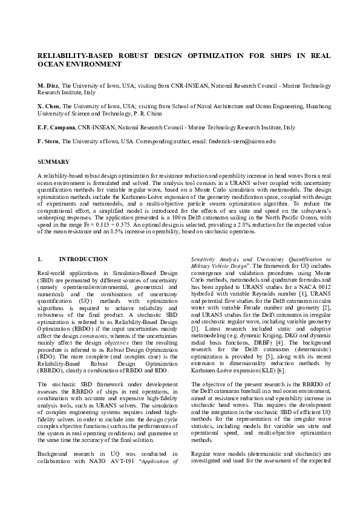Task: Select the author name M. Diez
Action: [48, 86]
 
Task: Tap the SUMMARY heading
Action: [53, 162]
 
